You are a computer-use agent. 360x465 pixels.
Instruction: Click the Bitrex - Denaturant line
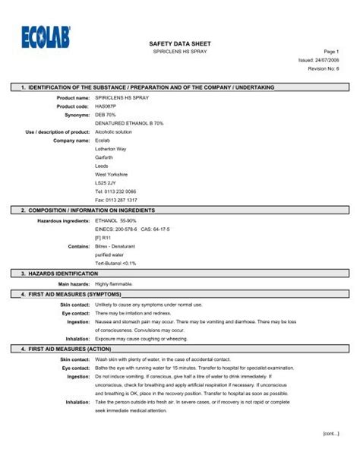tap(122, 245)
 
